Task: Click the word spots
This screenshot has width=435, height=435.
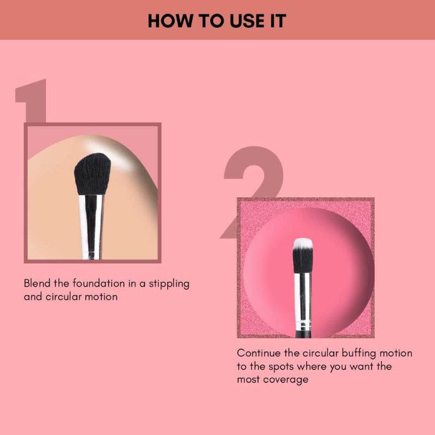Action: pyautogui.click(x=284, y=366)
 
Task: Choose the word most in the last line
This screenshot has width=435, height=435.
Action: pyautogui.click(x=248, y=380)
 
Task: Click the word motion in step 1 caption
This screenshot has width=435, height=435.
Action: pyautogui.click(x=100, y=297)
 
